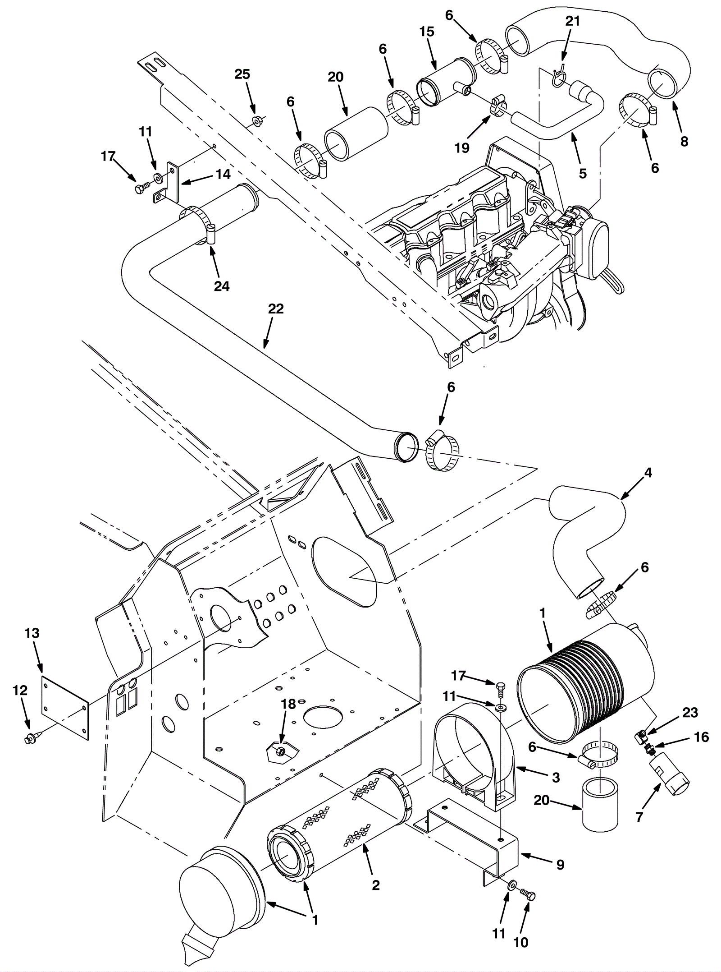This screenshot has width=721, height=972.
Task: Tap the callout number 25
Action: pyautogui.click(x=242, y=74)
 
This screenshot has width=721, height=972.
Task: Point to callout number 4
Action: pyautogui.click(x=648, y=473)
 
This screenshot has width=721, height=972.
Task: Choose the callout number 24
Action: pyautogui.click(x=222, y=286)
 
